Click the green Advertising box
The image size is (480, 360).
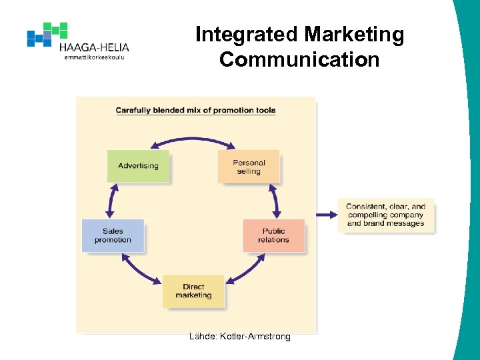pyautogui.click(x=138, y=166)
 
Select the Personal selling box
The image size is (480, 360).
pyautogui.click(x=249, y=167)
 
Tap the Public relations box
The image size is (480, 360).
pyautogui.click(x=273, y=235)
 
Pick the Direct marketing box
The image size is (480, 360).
pyautogui.click(x=193, y=291)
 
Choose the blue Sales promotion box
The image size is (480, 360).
pyautogui.click(x=113, y=235)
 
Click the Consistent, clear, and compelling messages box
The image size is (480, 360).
pyautogui.click(x=385, y=215)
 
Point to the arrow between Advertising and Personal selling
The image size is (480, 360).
pyautogui.click(x=193, y=139)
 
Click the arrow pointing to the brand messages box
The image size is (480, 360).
pyautogui.click(x=326, y=215)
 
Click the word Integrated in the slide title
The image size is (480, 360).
pyautogui.click(x=246, y=35)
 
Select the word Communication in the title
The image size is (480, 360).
pyautogui.click(x=299, y=59)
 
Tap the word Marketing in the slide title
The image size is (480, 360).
pyautogui.click(x=354, y=35)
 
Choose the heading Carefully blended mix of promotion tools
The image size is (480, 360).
pyautogui.click(x=195, y=110)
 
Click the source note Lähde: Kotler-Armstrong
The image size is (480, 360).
pyautogui.click(x=240, y=337)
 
